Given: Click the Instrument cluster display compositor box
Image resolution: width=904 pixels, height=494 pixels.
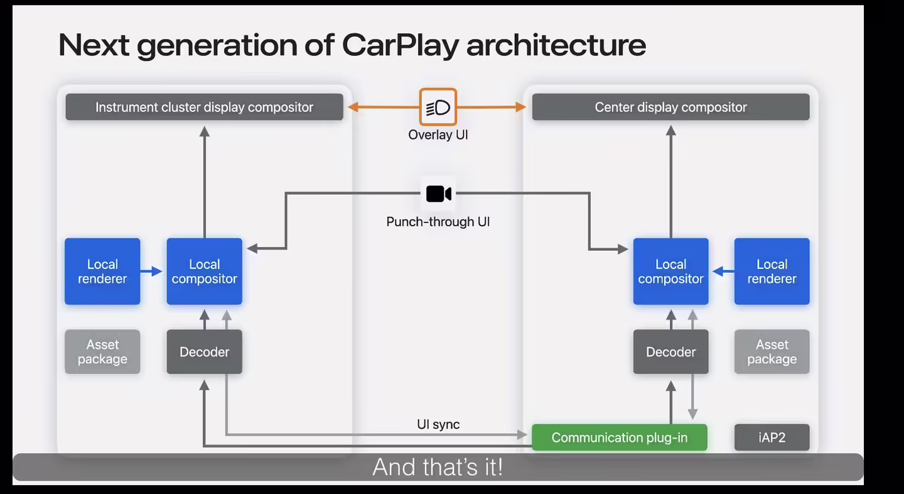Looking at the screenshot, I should [204, 107].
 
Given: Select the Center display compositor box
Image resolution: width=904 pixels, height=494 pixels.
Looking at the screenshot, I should [670, 107].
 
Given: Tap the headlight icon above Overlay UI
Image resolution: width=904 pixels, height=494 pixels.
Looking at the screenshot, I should [438, 107].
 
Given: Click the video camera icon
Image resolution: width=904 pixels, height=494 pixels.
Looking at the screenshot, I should [438, 194].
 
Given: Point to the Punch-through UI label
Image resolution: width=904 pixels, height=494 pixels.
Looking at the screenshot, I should [438, 222].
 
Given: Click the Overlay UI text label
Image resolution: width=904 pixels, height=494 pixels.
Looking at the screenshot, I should [438, 135].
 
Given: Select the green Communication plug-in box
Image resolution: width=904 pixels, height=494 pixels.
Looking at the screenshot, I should [619, 437].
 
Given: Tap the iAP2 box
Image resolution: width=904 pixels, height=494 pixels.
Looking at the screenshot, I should [772, 437].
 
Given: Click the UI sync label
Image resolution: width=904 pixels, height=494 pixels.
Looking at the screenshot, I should [438, 424].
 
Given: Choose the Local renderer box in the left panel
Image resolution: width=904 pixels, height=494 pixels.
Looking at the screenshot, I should [102, 272].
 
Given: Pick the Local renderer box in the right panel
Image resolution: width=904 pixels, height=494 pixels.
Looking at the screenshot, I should [772, 272].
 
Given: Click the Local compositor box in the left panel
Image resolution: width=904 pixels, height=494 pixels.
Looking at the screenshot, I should [204, 272].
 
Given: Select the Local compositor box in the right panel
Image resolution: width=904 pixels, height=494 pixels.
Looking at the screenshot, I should [670, 272].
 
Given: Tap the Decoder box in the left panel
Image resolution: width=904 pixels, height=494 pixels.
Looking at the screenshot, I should [204, 352].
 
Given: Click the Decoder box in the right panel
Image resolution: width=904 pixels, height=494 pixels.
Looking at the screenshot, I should [670, 352].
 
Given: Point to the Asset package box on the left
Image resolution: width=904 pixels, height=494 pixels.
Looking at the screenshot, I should [102, 352].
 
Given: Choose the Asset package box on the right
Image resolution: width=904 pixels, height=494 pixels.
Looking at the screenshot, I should [772, 352].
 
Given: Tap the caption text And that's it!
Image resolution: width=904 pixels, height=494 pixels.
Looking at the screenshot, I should [438, 467].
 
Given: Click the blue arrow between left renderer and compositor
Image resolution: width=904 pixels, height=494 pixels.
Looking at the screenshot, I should [153, 272].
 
